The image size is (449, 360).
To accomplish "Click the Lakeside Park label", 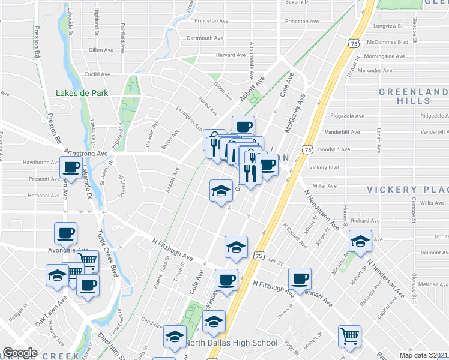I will click(82, 93).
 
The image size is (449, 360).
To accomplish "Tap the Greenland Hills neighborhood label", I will click(413, 96).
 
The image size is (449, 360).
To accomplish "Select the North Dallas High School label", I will click(231, 343).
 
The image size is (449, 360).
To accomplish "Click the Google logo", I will click(20, 353).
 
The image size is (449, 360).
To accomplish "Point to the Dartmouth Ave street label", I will click(205, 38).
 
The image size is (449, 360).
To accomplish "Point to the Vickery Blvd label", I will click(327, 167).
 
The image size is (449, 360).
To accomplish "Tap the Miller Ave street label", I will click(324, 186).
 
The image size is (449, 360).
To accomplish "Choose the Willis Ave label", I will click(432, 203).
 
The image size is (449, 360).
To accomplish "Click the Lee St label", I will click(276, 262).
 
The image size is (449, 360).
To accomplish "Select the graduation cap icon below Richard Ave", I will click(360, 241).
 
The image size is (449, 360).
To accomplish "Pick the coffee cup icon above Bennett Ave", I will click(300, 278).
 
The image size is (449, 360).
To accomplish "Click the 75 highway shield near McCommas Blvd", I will click(353, 43).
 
